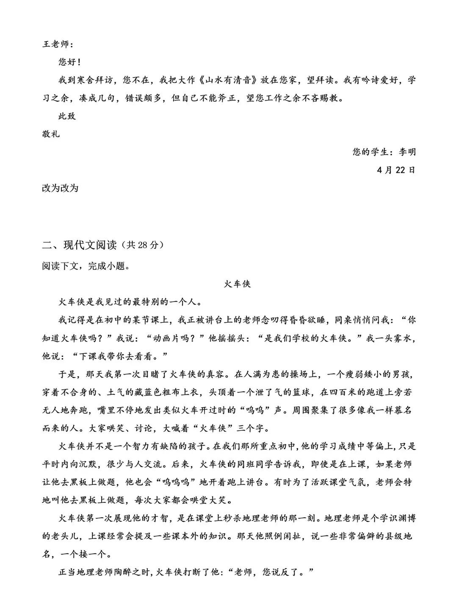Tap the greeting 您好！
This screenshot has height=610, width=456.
tap(69, 62)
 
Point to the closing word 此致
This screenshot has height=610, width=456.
tap(67, 116)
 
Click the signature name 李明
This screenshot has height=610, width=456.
tap(407, 152)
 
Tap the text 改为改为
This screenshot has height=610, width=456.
tap(60, 188)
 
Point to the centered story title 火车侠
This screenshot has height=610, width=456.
tap(237, 284)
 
